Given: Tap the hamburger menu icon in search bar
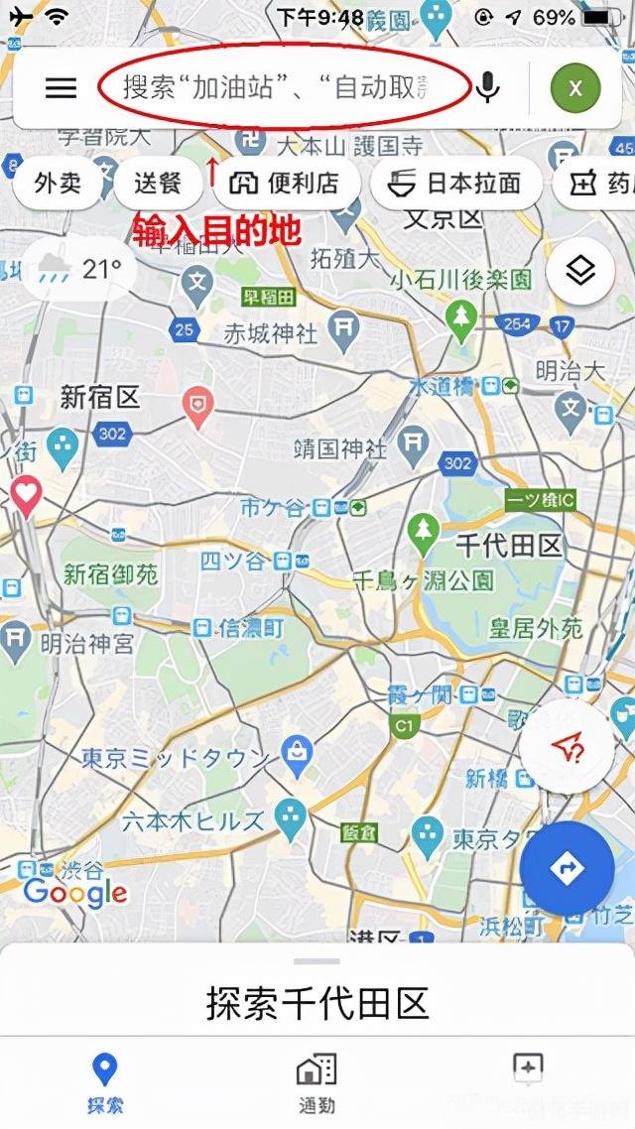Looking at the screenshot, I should point(61,88).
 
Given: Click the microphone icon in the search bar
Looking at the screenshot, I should point(486,88).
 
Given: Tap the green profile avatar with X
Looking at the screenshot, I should point(575,88).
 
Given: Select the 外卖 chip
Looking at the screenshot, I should point(58,184).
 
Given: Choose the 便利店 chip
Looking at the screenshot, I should point(284,184).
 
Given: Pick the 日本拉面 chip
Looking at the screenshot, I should point(455,184).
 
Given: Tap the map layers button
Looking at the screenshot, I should point(579,270).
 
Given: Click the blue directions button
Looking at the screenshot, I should point(568,869).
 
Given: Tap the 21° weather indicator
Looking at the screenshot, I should point(79,269).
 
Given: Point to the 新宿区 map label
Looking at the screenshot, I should point(100,398).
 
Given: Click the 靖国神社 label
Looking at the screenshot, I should point(340,448).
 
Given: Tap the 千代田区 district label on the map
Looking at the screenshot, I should point(509,545).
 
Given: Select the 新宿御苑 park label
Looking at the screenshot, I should point(110,574).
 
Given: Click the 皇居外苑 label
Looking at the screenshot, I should point(537,628).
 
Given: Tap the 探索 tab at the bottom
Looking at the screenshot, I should point(104,1082).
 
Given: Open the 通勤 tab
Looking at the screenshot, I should point(317,1082).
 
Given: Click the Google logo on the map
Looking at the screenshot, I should point(75,892).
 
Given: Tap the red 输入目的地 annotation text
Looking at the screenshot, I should point(216,231).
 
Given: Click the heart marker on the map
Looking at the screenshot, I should point(25,493).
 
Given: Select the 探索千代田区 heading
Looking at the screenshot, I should point(317,1003).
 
